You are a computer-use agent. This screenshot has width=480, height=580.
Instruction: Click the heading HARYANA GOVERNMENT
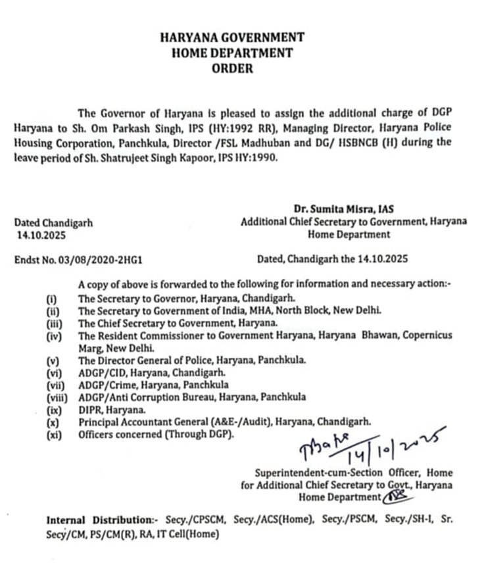point(232,37)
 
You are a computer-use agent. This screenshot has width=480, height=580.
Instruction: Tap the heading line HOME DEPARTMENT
point(232,53)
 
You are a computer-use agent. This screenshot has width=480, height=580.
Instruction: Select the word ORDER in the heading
point(232,69)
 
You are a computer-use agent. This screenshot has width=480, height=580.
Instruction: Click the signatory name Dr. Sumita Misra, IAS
point(353,209)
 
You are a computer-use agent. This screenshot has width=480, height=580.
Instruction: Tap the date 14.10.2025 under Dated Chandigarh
point(41,233)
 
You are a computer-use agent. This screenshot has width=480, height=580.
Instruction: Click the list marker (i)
point(51,299)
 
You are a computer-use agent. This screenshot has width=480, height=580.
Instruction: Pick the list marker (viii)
point(57,398)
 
